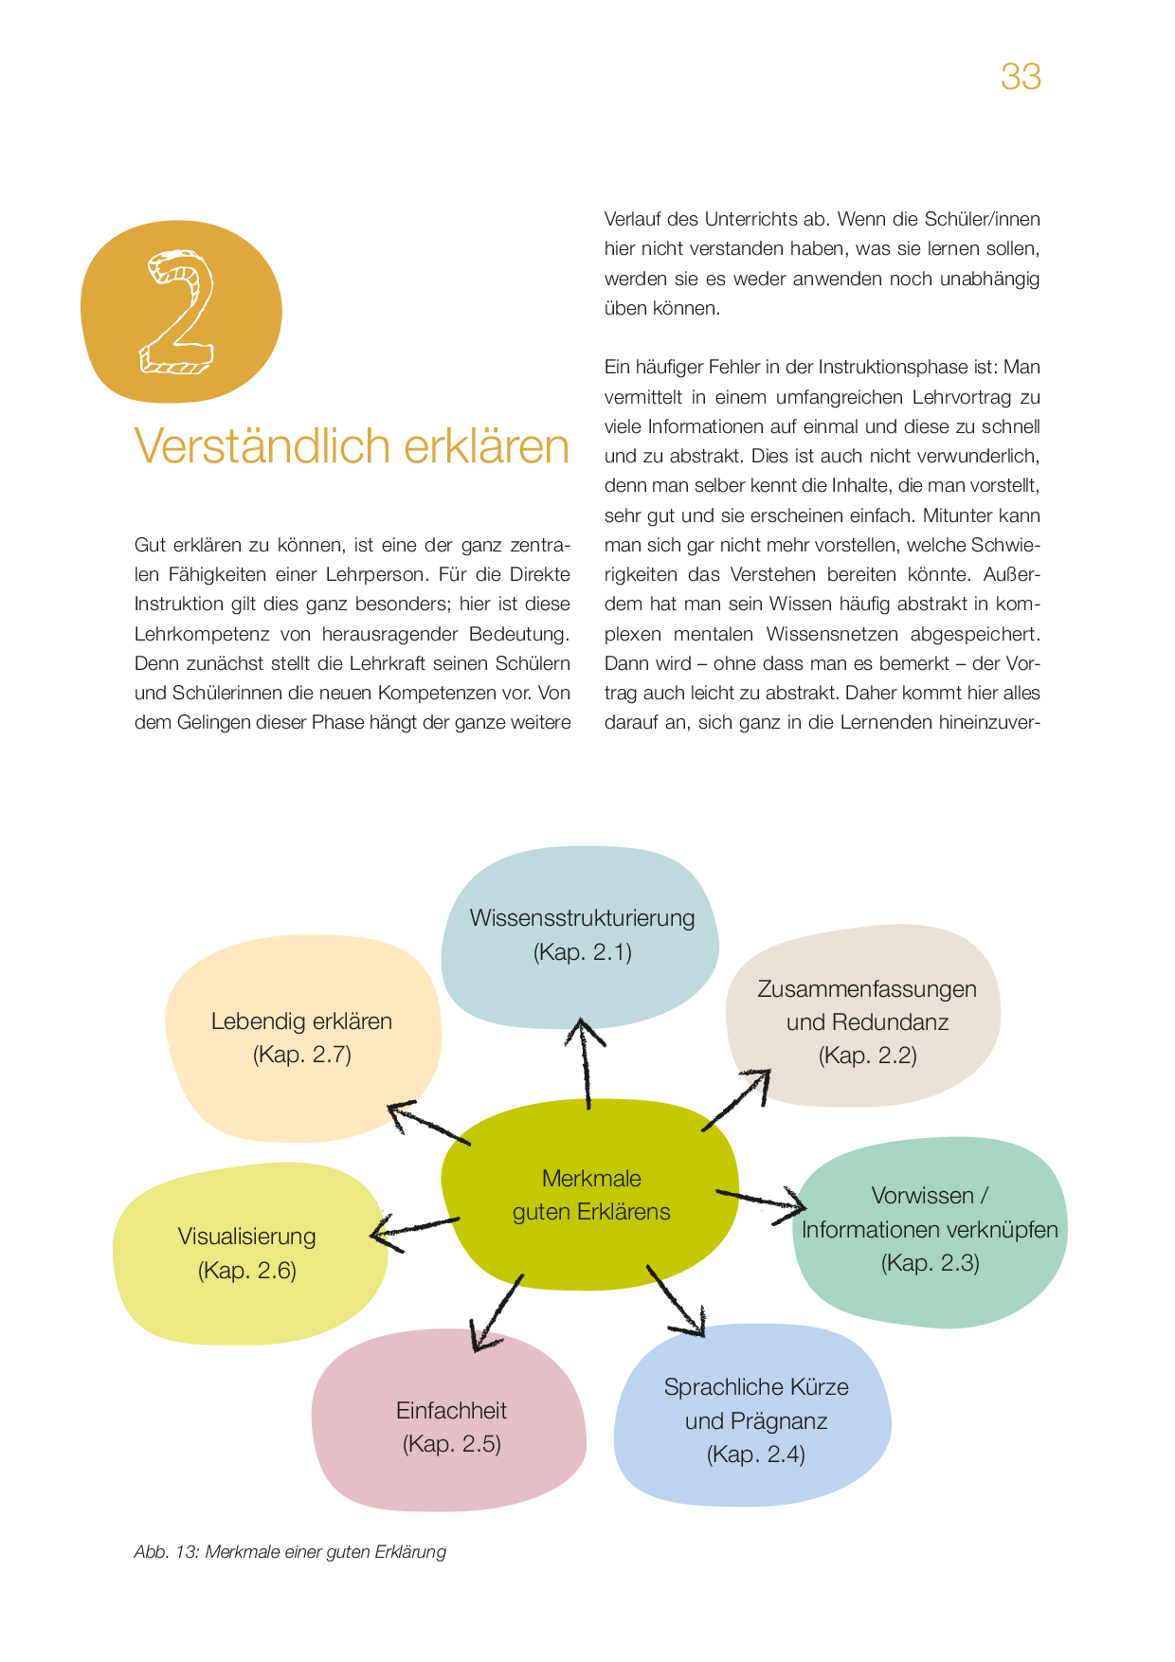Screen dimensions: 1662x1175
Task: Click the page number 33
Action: pyautogui.click(x=1021, y=77)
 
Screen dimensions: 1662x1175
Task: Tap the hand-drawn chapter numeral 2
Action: pyautogui.click(x=179, y=313)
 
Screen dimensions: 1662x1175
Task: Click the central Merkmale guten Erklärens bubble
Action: pyautogui.click(x=590, y=1195)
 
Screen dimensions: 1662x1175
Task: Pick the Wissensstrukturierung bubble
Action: pyautogui.click(x=582, y=934)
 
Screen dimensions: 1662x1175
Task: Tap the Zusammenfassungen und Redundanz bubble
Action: pyautogui.click(x=866, y=1021)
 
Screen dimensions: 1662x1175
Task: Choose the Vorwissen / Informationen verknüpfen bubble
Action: pyautogui.click(x=930, y=1229)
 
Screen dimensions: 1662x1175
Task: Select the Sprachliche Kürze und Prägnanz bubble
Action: pyautogui.click(x=755, y=1420)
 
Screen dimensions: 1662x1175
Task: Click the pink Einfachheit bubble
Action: pyautogui.click(x=451, y=1427)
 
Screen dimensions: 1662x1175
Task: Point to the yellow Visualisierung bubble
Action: pyautogui.click(x=247, y=1253)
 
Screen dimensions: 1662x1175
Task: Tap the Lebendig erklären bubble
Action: pyautogui.click(x=301, y=1038)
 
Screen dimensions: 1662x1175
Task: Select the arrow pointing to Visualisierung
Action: pyautogui.click(x=414, y=1229)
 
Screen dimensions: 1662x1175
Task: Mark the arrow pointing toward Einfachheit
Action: pyautogui.click(x=497, y=1312)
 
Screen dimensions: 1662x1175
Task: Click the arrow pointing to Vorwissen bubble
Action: pyautogui.click(x=761, y=1201)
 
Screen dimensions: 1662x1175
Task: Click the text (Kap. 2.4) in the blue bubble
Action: pyautogui.click(x=755, y=1454)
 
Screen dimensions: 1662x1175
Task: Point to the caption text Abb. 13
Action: pyautogui.click(x=166, y=1552)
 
